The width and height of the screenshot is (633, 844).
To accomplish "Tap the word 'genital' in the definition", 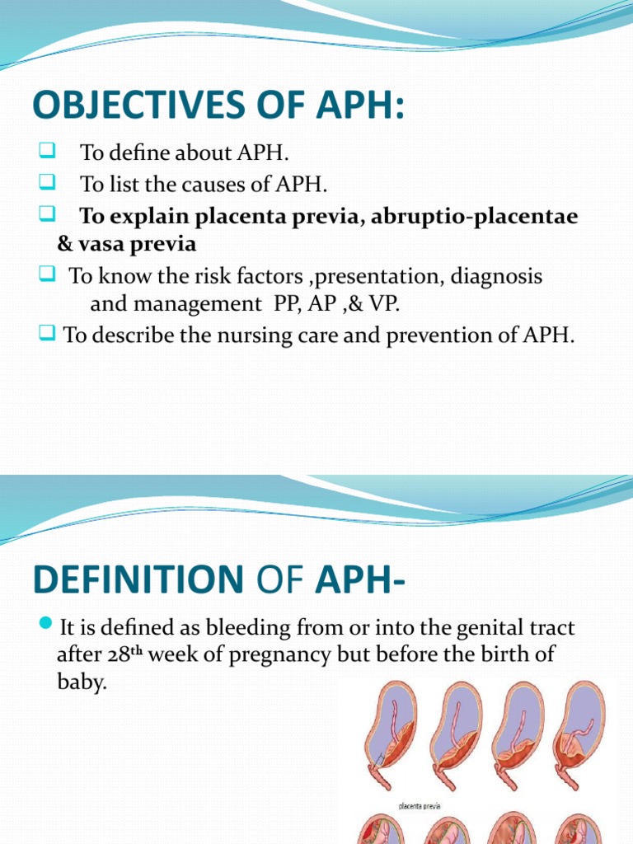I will point(480,629).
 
